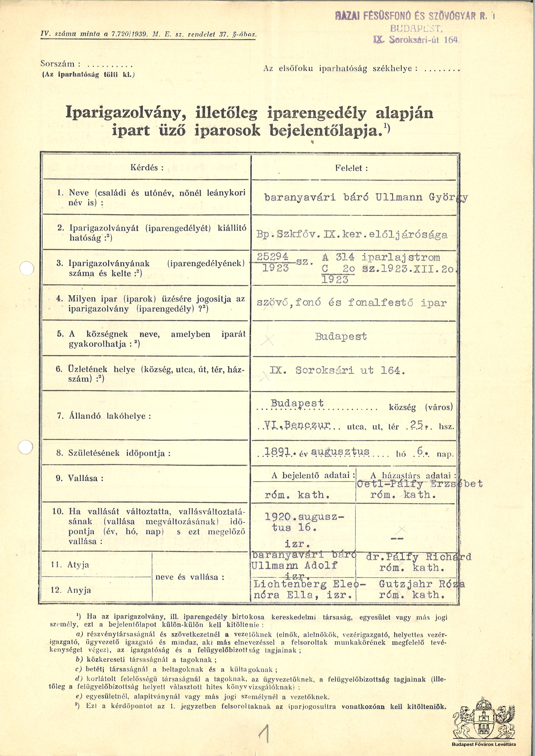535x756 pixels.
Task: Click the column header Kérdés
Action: (x=147, y=167)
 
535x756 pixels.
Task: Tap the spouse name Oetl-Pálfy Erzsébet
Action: (x=420, y=484)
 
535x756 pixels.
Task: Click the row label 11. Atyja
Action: (x=70, y=565)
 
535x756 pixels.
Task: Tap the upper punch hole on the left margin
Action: (x=27, y=269)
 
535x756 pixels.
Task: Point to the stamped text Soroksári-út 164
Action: (x=422, y=40)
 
